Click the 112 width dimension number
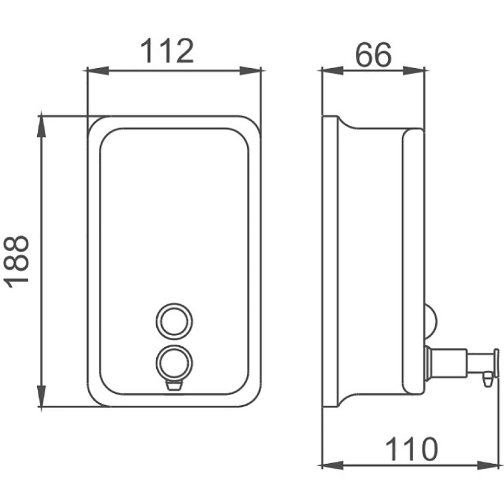(x=167, y=51)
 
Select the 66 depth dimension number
(x=373, y=54)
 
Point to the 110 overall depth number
(x=411, y=449)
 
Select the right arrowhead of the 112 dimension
(x=250, y=71)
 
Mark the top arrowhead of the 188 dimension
(x=41, y=127)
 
